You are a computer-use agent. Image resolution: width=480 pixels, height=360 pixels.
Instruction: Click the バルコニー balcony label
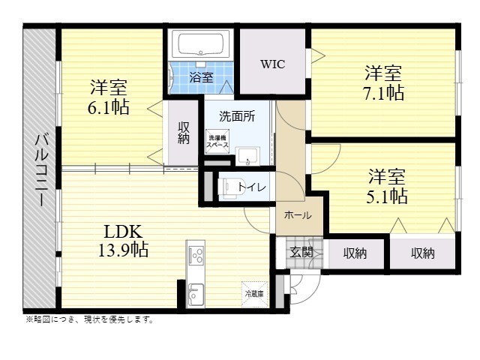pos(41,169)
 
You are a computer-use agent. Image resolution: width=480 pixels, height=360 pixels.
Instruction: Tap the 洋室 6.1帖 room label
pos(109,96)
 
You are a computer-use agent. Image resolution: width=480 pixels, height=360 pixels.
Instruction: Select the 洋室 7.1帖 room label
pos(383,83)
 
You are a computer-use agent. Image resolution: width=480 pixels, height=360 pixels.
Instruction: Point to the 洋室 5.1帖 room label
pos(386,187)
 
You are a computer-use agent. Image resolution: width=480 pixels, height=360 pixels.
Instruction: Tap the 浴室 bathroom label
pos(200,77)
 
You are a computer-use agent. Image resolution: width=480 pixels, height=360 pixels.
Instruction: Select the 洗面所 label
pos(236,117)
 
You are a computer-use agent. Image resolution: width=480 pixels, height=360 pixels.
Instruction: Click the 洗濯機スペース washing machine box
pos(217,141)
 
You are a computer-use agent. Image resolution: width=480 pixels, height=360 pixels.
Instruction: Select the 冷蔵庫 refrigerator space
pos(253,293)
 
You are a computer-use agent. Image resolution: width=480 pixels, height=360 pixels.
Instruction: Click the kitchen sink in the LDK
pos(196,293)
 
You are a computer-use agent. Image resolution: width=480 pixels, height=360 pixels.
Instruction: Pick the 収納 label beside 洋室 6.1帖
pos(184,133)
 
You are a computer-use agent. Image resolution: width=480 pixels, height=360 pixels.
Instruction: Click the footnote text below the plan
pos(89,319)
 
